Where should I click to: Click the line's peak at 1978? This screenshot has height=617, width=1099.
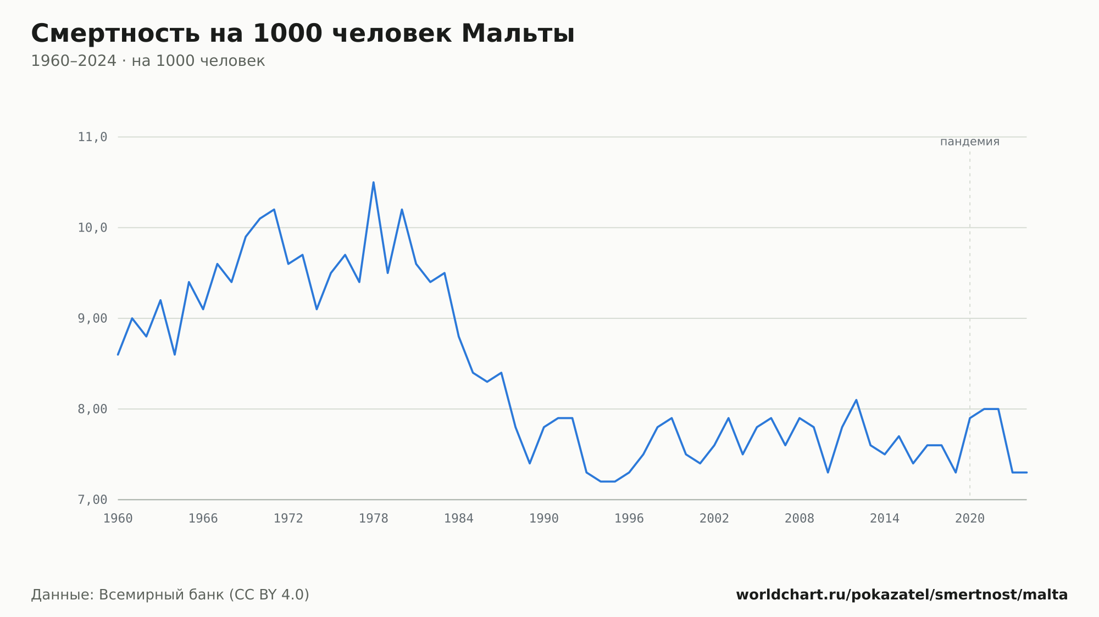click(374, 182)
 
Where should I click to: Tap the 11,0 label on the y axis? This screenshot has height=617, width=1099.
click(92, 137)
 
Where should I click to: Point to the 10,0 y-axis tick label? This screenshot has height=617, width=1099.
click(92, 228)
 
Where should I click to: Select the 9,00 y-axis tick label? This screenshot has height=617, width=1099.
click(92, 318)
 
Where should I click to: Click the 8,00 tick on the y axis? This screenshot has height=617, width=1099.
click(92, 409)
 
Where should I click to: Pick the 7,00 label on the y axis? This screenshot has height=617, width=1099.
click(92, 500)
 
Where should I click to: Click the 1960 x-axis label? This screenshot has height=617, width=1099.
click(118, 519)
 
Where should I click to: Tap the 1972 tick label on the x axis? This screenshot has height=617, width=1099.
click(288, 519)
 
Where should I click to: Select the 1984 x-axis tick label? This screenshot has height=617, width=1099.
click(459, 519)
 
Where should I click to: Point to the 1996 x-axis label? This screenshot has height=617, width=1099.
click(629, 519)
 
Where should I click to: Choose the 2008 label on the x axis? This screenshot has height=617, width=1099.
click(800, 519)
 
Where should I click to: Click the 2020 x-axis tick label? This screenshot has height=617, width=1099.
click(970, 519)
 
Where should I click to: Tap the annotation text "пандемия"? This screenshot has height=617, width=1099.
click(970, 142)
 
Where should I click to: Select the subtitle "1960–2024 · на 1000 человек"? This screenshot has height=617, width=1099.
click(148, 61)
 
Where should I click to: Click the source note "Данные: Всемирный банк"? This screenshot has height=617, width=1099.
click(127, 595)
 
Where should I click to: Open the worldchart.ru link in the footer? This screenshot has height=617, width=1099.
click(902, 595)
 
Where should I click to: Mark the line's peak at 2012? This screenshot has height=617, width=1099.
click(856, 400)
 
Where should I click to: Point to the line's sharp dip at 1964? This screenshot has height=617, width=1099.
click(175, 355)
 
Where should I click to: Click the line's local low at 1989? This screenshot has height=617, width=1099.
click(530, 463)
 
